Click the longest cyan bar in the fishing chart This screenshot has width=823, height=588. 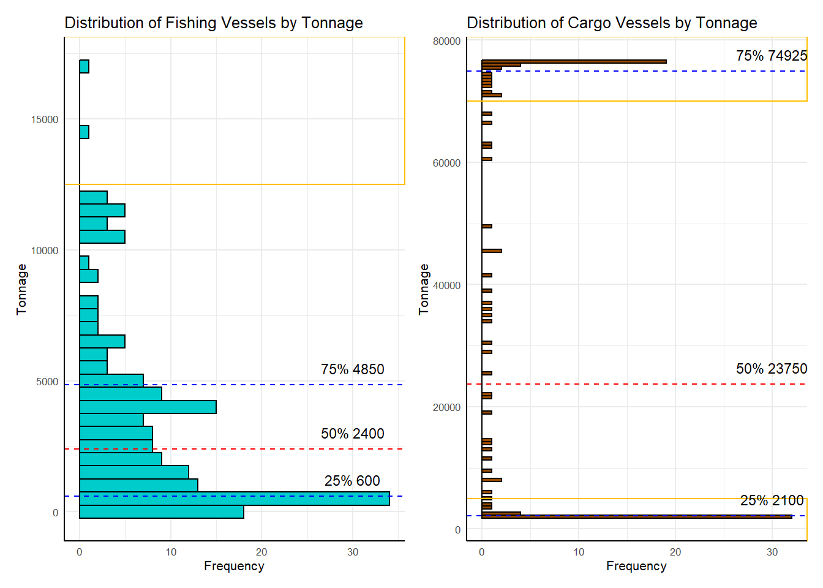click(x=235, y=499)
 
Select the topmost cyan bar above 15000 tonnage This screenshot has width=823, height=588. click(x=85, y=66)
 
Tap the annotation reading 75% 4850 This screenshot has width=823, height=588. click(x=353, y=369)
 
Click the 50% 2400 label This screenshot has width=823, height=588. click(x=353, y=434)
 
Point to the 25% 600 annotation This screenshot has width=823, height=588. click(x=352, y=481)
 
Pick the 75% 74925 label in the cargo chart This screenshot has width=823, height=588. click(x=772, y=56)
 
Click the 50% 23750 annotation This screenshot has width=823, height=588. click(x=772, y=369)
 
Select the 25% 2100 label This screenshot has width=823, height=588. click(x=772, y=500)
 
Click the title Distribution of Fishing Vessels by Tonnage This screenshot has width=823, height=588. click(x=214, y=23)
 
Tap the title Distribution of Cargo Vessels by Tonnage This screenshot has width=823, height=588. click(x=612, y=23)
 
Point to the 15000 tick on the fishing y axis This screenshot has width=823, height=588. click(x=45, y=119)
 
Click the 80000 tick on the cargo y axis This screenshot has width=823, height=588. click(x=446, y=41)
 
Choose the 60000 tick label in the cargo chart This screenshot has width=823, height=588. click(x=446, y=163)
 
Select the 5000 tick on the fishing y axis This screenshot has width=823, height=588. click(x=47, y=382)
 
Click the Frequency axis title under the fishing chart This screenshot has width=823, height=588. click(x=234, y=566)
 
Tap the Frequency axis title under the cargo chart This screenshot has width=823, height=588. click(x=636, y=566)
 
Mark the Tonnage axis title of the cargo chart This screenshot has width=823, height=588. click(x=424, y=289)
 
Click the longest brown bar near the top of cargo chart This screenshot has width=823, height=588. click(x=574, y=61)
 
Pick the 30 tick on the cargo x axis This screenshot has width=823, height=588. click(x=772, y=552)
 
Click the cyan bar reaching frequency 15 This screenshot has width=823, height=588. click(x=148, y=407)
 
